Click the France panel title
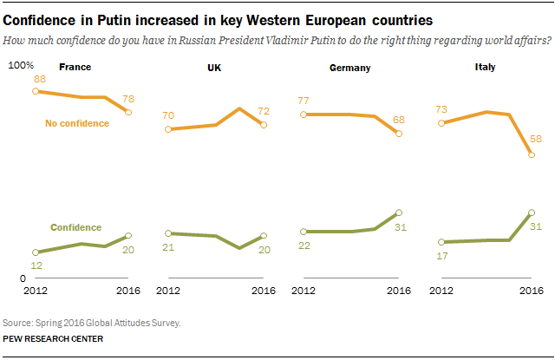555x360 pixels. [x=75, y=66]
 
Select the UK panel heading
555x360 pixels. [x=213, y=66]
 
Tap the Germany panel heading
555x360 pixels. [x=350, y=66]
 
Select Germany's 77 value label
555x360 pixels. [x=304, y=101]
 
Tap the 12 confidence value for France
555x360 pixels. [x=36, y=265]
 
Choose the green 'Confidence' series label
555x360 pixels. [x=76, y=227]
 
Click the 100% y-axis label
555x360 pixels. [x=20, y=67]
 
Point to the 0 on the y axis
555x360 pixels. [x=23, y=278]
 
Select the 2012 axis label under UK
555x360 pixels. [x=168, y=291]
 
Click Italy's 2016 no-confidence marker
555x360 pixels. [x=531, y=155]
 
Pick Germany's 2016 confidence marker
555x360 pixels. [x=398, y=213]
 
